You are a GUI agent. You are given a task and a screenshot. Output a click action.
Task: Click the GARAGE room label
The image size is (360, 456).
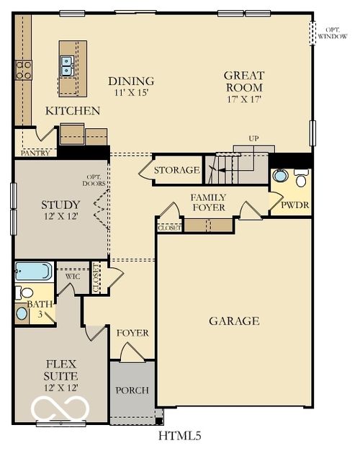pos(234,321)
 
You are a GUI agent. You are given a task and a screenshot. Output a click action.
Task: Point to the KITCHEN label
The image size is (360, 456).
pos(73,111)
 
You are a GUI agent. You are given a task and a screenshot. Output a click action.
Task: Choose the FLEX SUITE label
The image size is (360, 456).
pos(60,370)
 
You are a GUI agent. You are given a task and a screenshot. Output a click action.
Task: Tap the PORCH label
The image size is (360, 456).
pos(132,390)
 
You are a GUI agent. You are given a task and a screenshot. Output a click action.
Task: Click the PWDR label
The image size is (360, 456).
pos(294,205)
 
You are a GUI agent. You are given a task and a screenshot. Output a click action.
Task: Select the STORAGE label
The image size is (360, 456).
pos(176,171)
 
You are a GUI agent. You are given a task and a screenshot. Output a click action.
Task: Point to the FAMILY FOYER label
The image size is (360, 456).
pos(208,202)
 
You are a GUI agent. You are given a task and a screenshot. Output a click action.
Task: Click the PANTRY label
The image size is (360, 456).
pos(35,153)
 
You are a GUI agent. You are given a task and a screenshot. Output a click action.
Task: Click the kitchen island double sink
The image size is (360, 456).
pos(68,66)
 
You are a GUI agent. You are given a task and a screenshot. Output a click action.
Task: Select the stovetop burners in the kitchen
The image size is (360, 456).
pos(23,70)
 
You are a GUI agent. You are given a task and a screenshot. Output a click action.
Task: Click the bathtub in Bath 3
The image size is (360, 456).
pos(33,272)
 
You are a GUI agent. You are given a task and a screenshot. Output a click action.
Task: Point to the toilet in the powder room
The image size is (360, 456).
pos(301,177)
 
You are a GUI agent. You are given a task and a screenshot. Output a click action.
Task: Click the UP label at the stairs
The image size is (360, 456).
pos(253,138)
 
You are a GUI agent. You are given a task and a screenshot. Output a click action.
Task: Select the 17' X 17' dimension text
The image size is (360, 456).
pos(244,99)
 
